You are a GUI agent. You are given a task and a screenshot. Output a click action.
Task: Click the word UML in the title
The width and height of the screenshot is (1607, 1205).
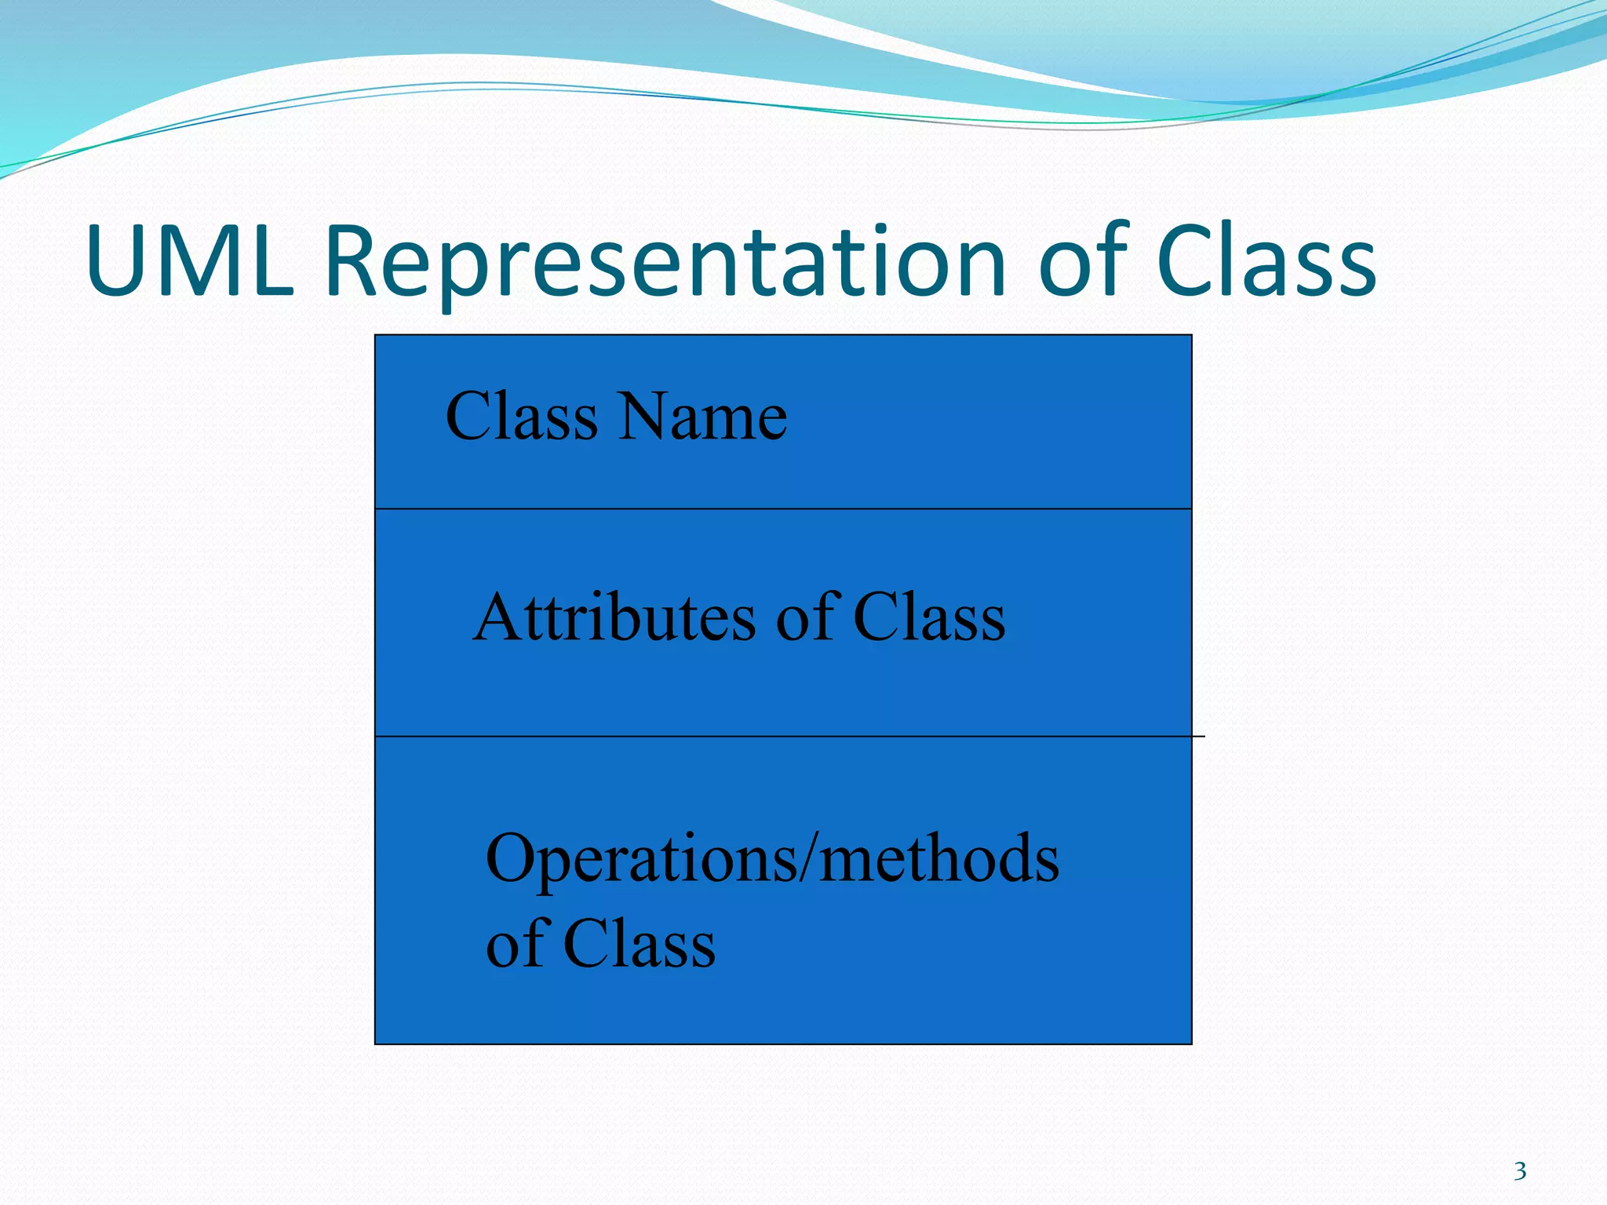point(190,261)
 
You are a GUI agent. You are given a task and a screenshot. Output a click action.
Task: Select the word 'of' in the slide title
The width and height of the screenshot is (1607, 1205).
point(1083,261)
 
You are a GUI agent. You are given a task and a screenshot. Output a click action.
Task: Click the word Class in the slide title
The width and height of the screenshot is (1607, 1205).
point(1265,261)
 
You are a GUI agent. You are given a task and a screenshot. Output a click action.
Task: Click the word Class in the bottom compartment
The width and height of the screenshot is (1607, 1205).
point(639,944)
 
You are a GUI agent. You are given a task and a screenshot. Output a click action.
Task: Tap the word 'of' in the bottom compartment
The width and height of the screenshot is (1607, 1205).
point(516,944)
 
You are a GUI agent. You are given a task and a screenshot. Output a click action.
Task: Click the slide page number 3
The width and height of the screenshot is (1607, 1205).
point(1520,1171)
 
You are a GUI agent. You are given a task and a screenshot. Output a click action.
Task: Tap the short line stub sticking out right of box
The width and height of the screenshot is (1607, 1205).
point(1199,737)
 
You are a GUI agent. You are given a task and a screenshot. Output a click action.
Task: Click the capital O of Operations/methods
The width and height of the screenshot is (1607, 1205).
point(511,858)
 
